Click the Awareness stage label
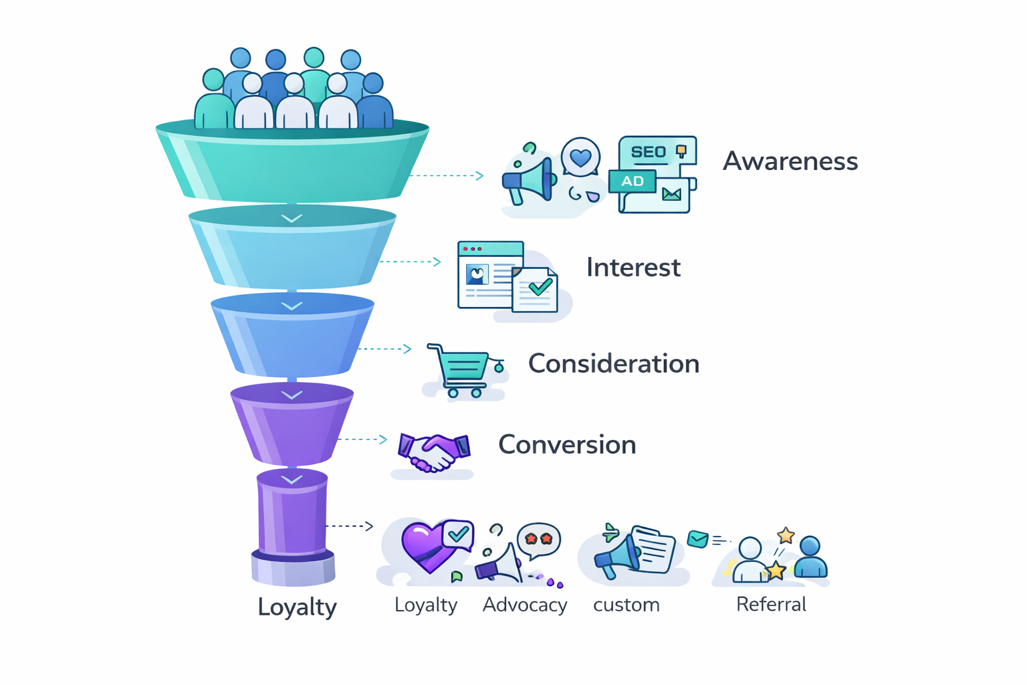pos(790,161)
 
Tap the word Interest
pos(633,268)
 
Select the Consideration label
pos(614,364)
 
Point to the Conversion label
pos(567,445)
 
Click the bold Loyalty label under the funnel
pos(297,607)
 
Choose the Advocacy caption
pos(525,605)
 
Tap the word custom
pos(626,605)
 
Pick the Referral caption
pos(771,605)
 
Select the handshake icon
pos(434,452)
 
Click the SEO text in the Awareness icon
pos(649,152)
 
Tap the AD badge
pos(633,181)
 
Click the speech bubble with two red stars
pos(539,539)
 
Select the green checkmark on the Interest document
pos(540,288)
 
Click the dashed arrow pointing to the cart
pos(385,349)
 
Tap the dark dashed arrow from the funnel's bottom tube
pos(349,526)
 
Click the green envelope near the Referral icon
pos(697,539)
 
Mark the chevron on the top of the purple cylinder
pos(292,480)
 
